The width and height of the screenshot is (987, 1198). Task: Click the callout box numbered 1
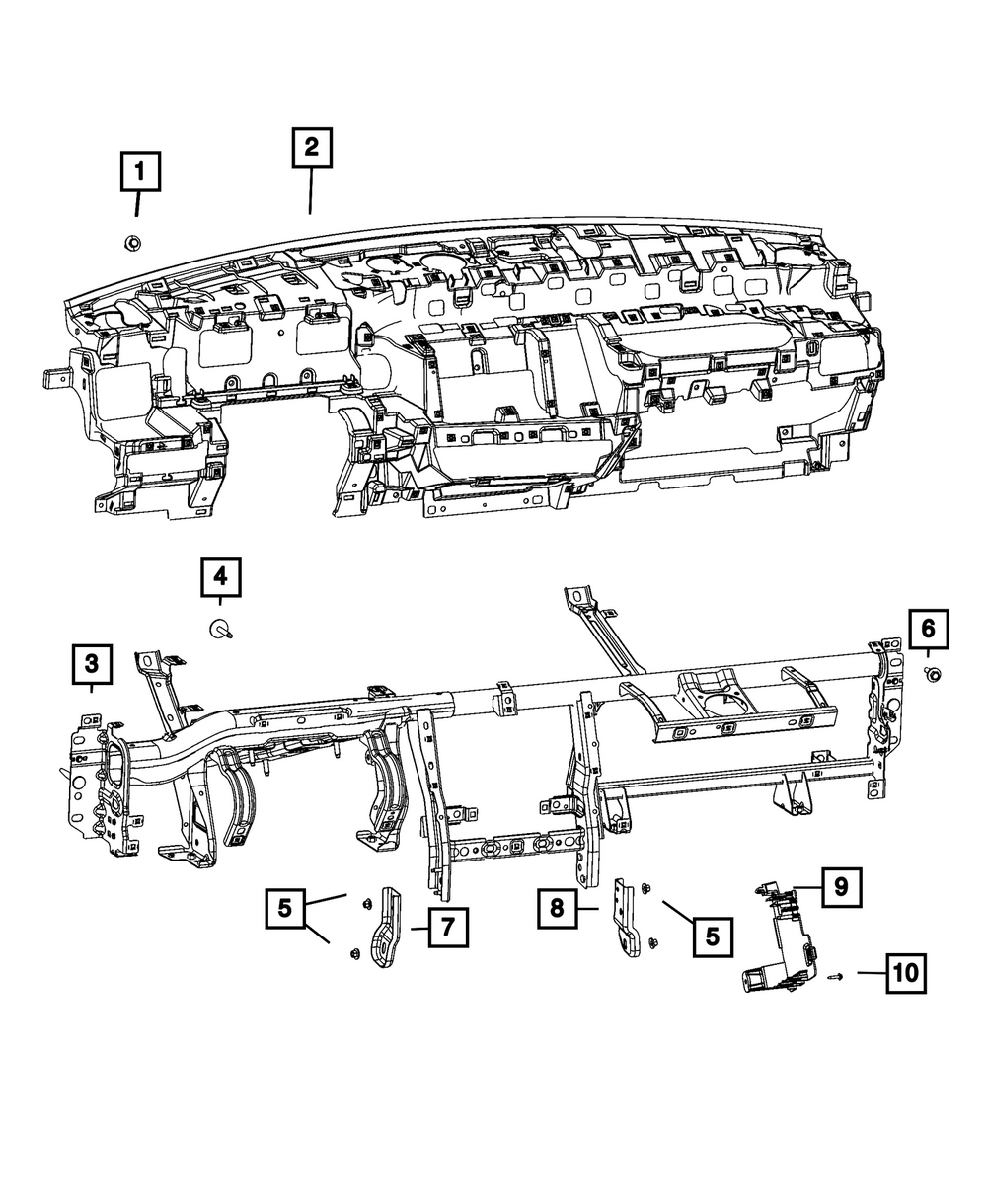click(140, 172)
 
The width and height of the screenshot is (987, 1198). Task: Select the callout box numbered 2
click(311, 149)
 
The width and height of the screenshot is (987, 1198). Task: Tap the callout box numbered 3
click(91, 665)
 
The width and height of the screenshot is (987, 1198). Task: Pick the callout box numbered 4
click(220, 576)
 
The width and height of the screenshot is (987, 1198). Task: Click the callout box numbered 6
click(928, 627)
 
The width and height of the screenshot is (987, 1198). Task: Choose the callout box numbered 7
click(447, 929)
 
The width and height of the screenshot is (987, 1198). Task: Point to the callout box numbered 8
click(558, 907)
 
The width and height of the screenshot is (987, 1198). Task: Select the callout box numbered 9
click(840, 887)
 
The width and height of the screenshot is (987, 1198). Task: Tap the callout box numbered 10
click(906, 974)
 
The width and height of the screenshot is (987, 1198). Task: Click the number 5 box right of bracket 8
click(712, 935)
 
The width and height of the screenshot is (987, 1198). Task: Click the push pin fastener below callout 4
click(220, 630)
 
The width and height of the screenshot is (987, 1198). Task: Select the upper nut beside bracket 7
click(365, 901)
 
